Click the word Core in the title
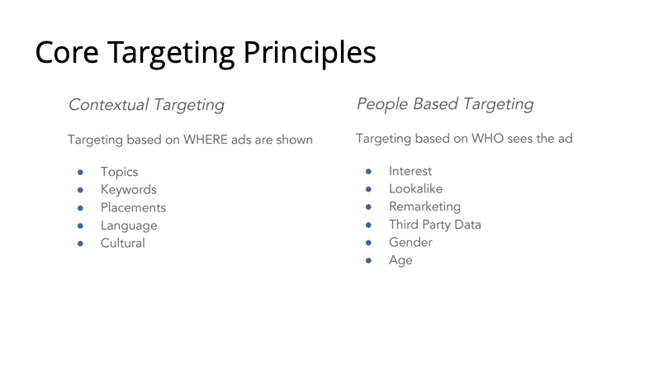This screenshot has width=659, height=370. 67,53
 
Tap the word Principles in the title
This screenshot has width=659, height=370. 310,54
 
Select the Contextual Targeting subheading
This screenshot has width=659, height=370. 146,105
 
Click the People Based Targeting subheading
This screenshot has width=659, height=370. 445,104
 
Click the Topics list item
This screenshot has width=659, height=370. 120,172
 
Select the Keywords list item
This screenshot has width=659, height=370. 129,190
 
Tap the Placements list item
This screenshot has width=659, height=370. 133,207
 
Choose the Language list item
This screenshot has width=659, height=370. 129,225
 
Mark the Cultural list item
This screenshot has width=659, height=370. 123,243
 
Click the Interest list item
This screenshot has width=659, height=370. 410,171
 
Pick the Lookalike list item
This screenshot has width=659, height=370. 415,189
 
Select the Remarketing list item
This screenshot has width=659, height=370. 424,206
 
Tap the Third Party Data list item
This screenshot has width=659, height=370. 434,225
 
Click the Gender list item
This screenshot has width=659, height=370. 410,242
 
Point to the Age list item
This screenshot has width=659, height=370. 401,260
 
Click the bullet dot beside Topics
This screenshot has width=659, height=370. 80,172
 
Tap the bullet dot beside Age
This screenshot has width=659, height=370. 368,260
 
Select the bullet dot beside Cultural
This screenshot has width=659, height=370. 80,244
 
